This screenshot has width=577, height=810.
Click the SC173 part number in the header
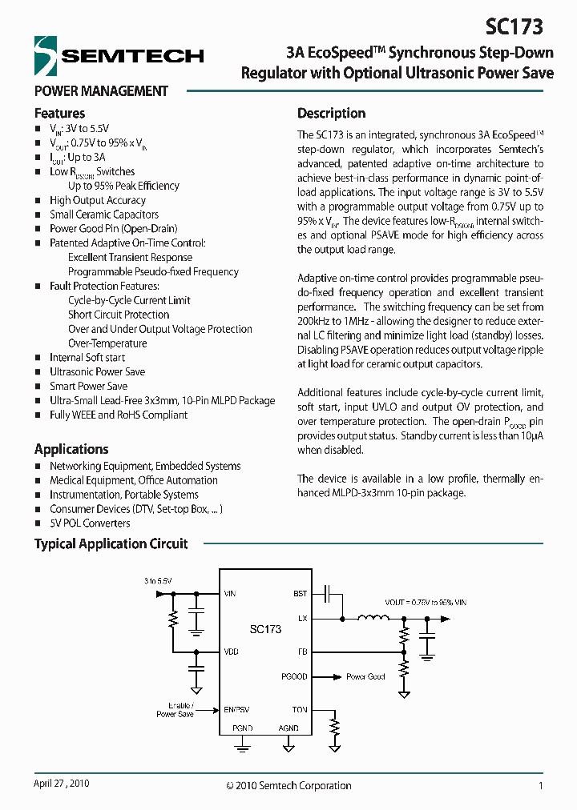click(x=514, y=27)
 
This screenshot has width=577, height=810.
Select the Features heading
click(x=59, y=113)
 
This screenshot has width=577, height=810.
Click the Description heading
click(x=331, y=113)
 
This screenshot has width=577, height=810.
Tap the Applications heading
click(x=71, y=449)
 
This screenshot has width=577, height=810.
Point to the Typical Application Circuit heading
click(x=111, y=543)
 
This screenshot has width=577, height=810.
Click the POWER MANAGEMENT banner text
click(x=101, y=91)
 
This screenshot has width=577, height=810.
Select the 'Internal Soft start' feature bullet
click(x=87, y=358)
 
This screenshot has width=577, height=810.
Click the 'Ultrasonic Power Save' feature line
click(x=97, y=372)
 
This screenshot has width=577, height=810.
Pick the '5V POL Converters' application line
click(x=90, y=523)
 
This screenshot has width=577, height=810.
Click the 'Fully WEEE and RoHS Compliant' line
click(x=119, y=415)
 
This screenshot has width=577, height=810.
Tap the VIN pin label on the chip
click(x=231, y=594)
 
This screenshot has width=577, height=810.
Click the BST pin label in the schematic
click(x=300, y=594)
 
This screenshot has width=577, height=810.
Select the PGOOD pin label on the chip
click(x=294, y=676)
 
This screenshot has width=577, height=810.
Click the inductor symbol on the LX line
click(x=373, y=618)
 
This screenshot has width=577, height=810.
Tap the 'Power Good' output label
click(x=365, y=676)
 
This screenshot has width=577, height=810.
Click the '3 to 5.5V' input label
click(x=158, y=579)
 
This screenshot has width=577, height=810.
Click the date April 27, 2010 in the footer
click(x=62, y=784)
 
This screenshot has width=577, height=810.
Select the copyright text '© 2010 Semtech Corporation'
click(x=288, y=785)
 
